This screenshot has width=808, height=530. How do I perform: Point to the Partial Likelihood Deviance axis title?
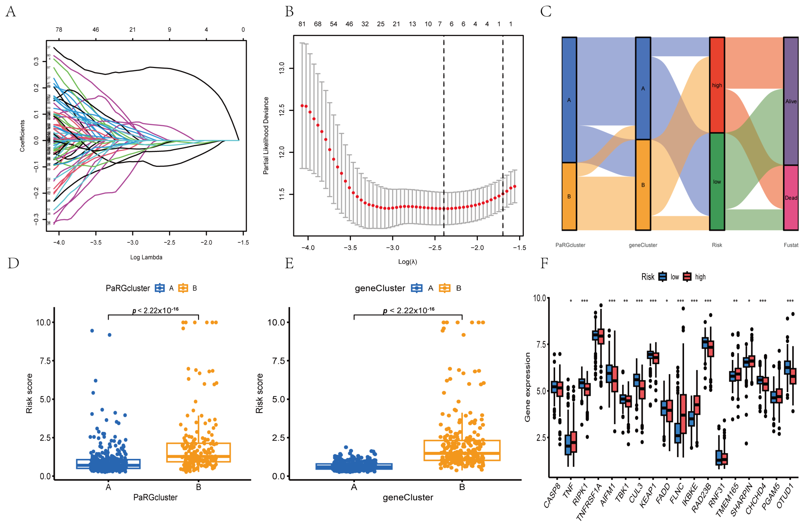266,136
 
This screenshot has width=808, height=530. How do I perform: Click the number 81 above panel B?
302,24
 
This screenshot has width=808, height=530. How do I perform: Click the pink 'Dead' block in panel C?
791,198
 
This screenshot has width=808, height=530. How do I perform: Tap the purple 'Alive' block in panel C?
791,101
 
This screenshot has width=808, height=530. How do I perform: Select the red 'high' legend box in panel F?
687,277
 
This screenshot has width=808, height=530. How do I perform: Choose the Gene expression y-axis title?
527,387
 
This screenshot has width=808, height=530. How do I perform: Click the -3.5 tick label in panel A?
96,242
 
